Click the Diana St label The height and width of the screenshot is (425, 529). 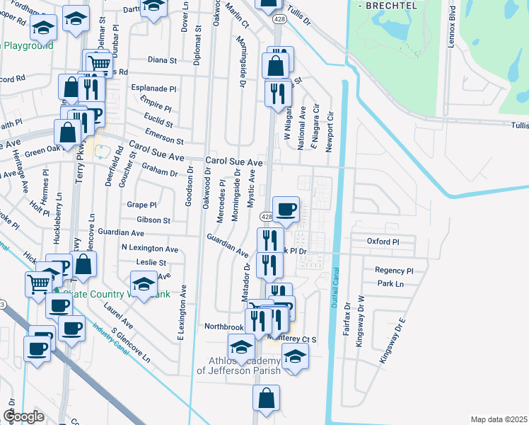[162, 60]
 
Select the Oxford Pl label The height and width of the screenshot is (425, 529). [383, 242]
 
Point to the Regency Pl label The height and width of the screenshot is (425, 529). [394, 271]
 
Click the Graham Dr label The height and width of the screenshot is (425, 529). [159, 170]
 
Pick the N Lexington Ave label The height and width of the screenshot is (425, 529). [150, 249]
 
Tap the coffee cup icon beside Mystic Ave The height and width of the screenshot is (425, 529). [286, 209]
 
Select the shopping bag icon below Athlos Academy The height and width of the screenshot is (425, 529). [266, 398]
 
